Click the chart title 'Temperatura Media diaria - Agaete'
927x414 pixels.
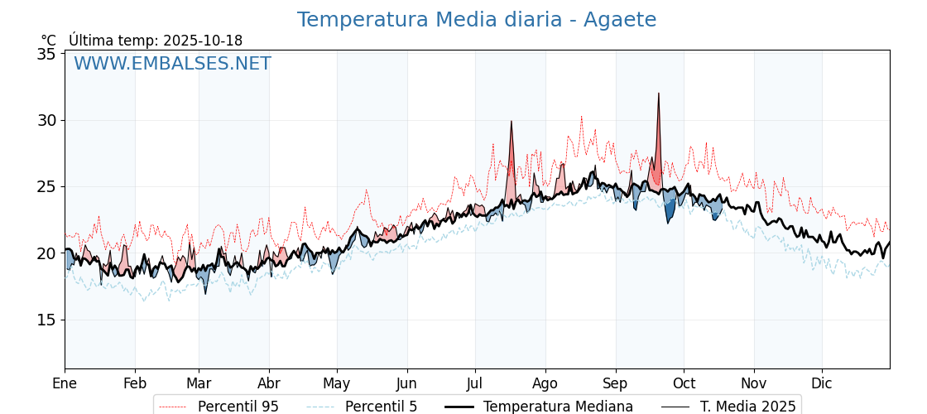(476, 20)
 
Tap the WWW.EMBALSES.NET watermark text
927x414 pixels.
(172, 64)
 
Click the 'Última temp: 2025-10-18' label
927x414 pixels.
(156, 41)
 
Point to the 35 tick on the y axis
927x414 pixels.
(46, 55)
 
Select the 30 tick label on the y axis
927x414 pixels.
(46, 121)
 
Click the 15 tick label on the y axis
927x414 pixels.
(46, 320)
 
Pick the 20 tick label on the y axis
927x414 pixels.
(46, 254)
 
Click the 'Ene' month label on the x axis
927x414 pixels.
(65, 383)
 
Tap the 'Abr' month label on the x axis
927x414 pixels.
(269, 383)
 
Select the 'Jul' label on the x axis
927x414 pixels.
(475, 383)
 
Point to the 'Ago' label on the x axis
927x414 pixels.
(545, 383)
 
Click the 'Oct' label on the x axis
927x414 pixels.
(684, 383)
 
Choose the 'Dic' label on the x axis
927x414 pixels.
(822, 383)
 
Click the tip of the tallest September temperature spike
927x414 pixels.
(659, 93)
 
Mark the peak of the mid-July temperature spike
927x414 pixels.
(512, 121)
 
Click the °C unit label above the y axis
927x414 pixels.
(48, 41)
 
